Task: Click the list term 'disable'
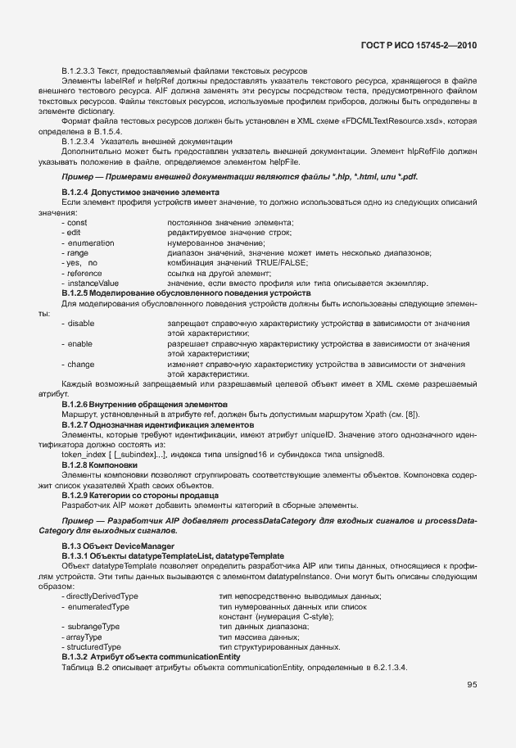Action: pyautogui.click(x=80, y=324)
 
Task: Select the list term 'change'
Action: pyautogui.click(x=80, y=363)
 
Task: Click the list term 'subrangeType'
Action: pyautogui.click(x=93, y=626)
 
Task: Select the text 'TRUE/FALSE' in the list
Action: pyautogui.click(x=286, y=263)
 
